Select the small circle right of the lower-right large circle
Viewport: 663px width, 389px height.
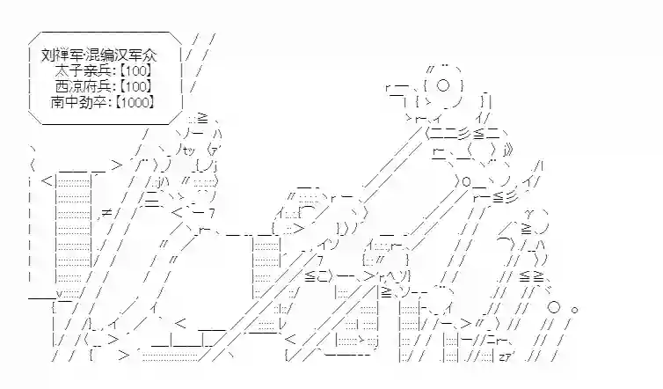pyautogui.click(x=575, y=311)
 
